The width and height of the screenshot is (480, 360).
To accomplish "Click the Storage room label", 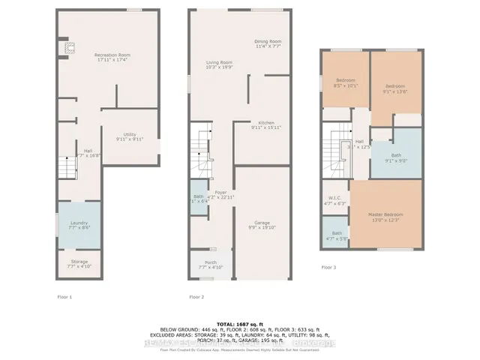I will point(79,262).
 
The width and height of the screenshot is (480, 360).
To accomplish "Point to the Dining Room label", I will point(267,43).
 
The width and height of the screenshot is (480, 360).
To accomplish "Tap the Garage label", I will point(262,223).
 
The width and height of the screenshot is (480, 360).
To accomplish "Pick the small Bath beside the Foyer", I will point(199,198).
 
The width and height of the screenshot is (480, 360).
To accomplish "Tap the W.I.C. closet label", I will point(334,199).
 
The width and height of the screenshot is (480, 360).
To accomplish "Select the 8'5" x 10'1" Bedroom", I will point(345,82).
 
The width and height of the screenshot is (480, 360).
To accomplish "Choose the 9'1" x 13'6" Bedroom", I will point(395,87).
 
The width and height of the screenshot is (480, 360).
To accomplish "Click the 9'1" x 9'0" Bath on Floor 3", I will point(395,157).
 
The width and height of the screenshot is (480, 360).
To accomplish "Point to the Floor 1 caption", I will point(65,296).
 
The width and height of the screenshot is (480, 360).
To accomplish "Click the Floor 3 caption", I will point(328,266).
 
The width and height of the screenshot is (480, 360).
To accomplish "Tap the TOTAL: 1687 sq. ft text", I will point(240,320).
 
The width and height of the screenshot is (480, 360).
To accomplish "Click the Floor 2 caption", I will point(196,296).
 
